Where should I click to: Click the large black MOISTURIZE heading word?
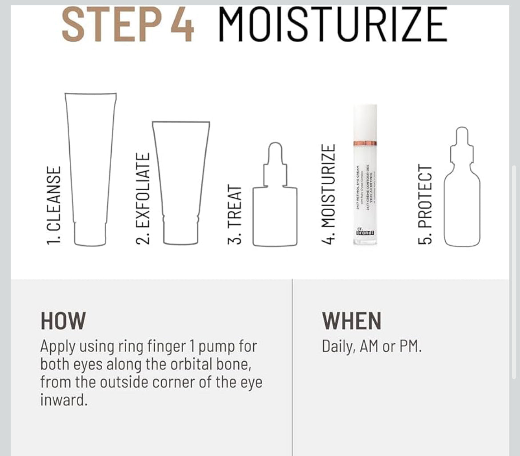[x=333, y=25]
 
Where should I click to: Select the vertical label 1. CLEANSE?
[x=53, y=205]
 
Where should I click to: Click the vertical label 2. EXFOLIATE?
[x=143, y=198]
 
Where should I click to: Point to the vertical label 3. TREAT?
[x=236, y=215]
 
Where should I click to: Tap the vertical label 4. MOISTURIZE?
[x=328, y=194]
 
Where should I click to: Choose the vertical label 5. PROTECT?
[x=424, y=204]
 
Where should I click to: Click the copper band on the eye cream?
[x=364, y=143]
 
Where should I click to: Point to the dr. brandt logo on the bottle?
[x=365, y=231]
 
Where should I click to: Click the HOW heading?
[x=63, y=321]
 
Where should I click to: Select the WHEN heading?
[x=352, y=321]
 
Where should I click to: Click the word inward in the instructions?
[x=63, y=400]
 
